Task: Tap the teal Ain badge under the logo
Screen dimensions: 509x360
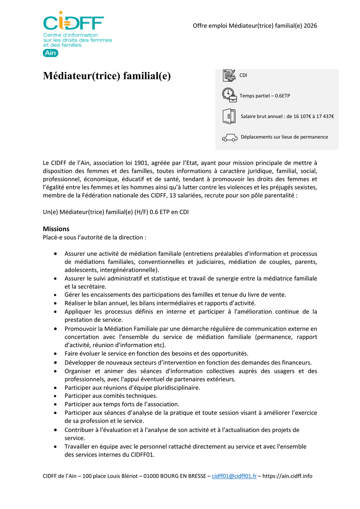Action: tap(50, 53)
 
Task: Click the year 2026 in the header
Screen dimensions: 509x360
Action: tap(310, 26)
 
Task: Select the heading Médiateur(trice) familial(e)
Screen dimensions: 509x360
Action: tap(107, 76)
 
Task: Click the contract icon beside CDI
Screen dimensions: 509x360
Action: tap(229, 75)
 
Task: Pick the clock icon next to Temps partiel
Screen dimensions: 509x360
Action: tap(229, 95)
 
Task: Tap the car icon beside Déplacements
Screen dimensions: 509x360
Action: tap(230, 138)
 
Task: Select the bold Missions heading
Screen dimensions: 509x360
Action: tap(56, 229)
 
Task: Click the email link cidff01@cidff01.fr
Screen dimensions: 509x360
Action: tap(234, 476)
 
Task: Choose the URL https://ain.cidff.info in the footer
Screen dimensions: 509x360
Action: tap(288, 476)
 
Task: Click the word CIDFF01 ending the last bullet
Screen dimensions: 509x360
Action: tap(142, 455)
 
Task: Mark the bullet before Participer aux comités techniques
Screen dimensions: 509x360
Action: tap(55, 396)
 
